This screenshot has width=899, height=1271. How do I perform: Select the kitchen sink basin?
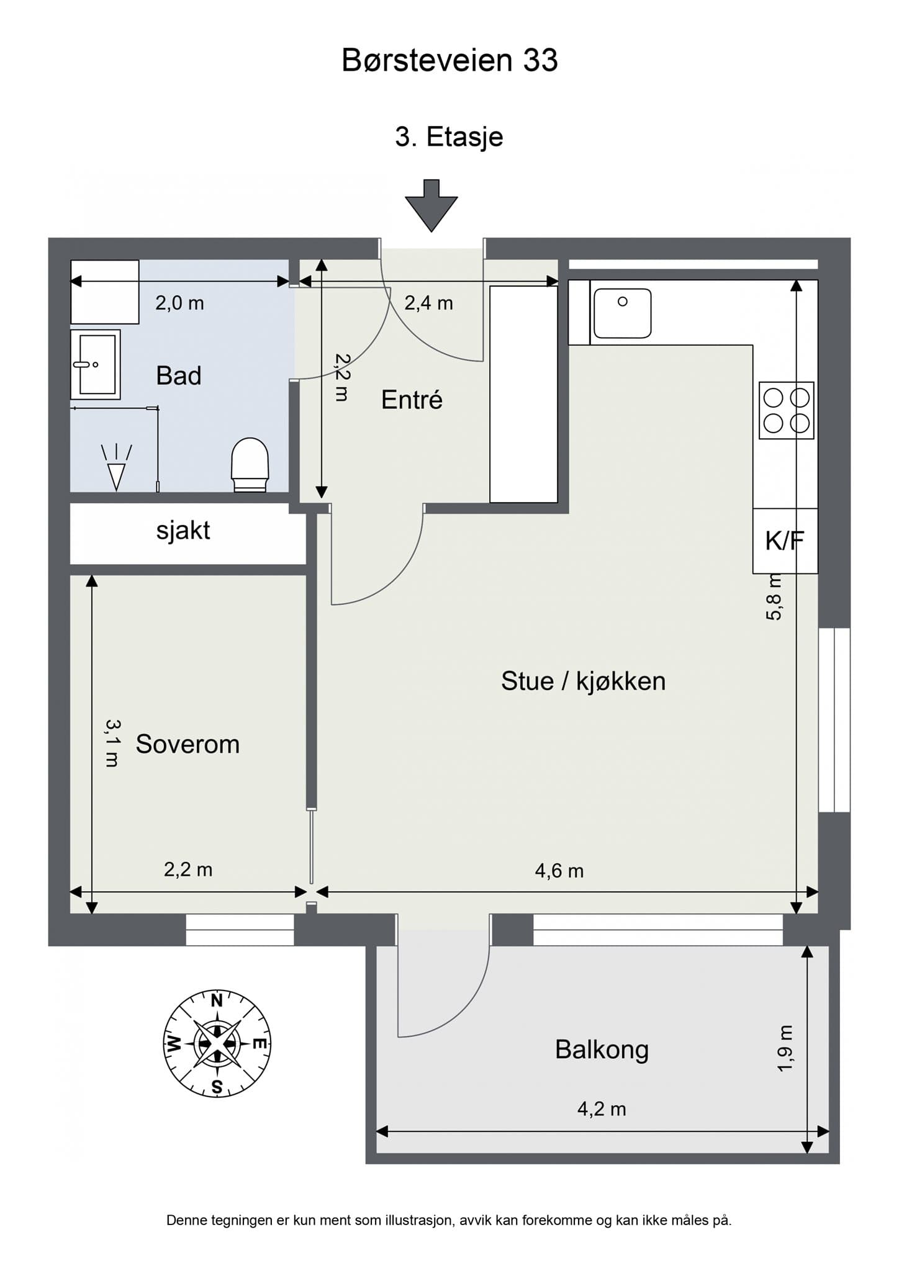coord(622,313)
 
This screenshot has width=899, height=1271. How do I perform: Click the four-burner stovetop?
coord(787,410)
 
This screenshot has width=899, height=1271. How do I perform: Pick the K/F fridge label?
coord(784,541)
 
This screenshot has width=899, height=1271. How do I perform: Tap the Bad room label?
coord(179,376)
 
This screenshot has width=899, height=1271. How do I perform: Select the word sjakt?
coord(183,531)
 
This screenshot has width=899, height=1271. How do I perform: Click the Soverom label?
coord(187,744)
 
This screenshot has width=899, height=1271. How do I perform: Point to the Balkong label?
coord(602,1050)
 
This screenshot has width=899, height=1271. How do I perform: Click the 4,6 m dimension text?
coord(559,871)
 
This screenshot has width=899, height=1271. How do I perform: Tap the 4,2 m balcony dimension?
coord(602,1109)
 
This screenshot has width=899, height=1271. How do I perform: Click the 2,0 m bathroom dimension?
coord(179,303)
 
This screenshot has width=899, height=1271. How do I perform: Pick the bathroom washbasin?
coord(96,364)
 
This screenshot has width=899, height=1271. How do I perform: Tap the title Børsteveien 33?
coord(449,61)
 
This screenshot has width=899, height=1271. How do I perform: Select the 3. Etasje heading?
coord(449,137)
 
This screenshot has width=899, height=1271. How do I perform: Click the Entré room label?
coord(412,400)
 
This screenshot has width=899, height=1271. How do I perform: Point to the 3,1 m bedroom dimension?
coord(112,743)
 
